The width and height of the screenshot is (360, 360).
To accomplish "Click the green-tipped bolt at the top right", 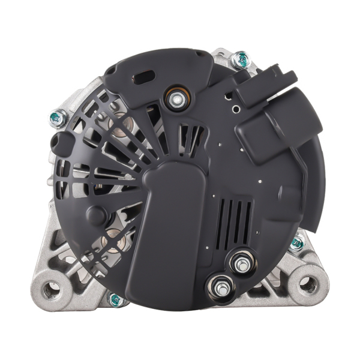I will (x=241, y=59).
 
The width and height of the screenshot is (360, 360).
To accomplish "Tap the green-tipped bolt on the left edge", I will (x=58, y=117).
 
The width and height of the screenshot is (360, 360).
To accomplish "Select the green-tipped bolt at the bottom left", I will (x=115, y=299).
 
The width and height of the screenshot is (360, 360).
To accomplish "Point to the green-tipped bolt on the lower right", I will (x=296, y=243).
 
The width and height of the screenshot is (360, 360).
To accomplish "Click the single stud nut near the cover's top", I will (x=176, y=100).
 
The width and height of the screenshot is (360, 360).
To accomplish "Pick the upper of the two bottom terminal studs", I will (x=241, y=262).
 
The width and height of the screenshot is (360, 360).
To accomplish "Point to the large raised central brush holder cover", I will (x=169, y=228).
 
